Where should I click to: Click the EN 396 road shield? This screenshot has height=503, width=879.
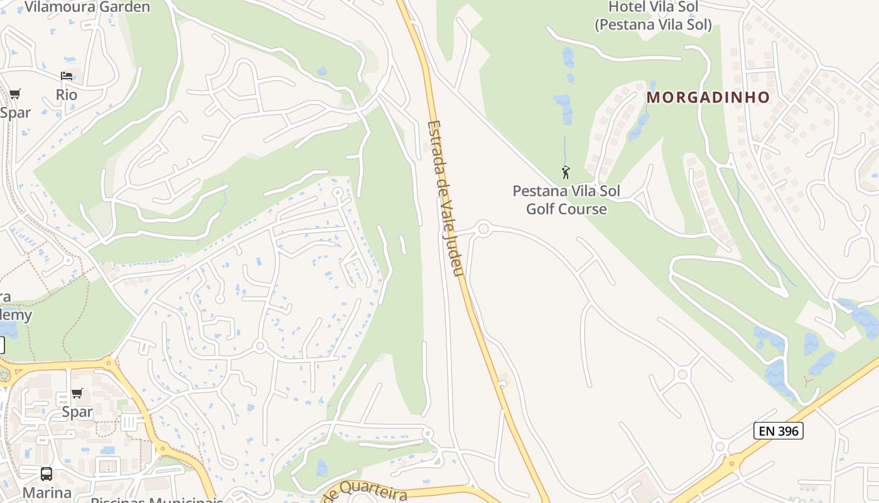[x=778, y=431]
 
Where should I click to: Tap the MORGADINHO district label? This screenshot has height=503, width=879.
[x=708, y=97]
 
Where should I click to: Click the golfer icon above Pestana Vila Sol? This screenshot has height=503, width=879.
[x=566, y=171]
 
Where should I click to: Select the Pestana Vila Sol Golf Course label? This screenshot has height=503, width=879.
[x=566, y=200]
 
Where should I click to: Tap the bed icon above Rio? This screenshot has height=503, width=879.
[x=67, y=77]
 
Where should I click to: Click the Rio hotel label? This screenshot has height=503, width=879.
[x=67, y=95]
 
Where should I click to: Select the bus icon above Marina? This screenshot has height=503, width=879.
[x=46, y=473]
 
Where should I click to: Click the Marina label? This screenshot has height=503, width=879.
[x=46, y=492]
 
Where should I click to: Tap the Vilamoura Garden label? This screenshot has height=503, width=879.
[x=87, y=8]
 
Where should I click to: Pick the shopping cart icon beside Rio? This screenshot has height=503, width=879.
[x=14, y=94]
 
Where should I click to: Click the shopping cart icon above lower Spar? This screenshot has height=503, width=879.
[x=77, y=394]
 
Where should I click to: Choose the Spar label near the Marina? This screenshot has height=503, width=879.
[x=77, y=412]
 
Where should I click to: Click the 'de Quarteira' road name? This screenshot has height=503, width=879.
[x=365, y=491]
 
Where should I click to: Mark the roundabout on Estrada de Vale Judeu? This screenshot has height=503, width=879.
[x=483, y=229]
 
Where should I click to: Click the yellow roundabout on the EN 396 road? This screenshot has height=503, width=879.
[x=730, y=465]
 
